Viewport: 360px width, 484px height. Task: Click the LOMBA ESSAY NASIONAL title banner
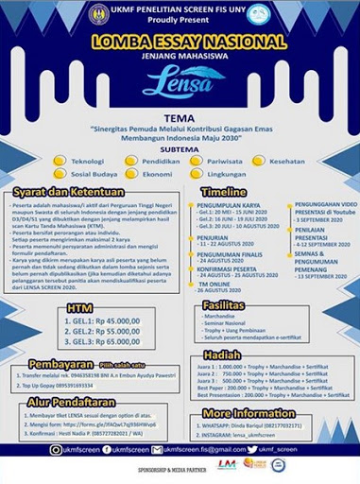point(180,43)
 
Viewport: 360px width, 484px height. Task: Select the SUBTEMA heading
point(179,147)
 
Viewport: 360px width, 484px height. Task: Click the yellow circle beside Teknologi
point(60,161)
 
